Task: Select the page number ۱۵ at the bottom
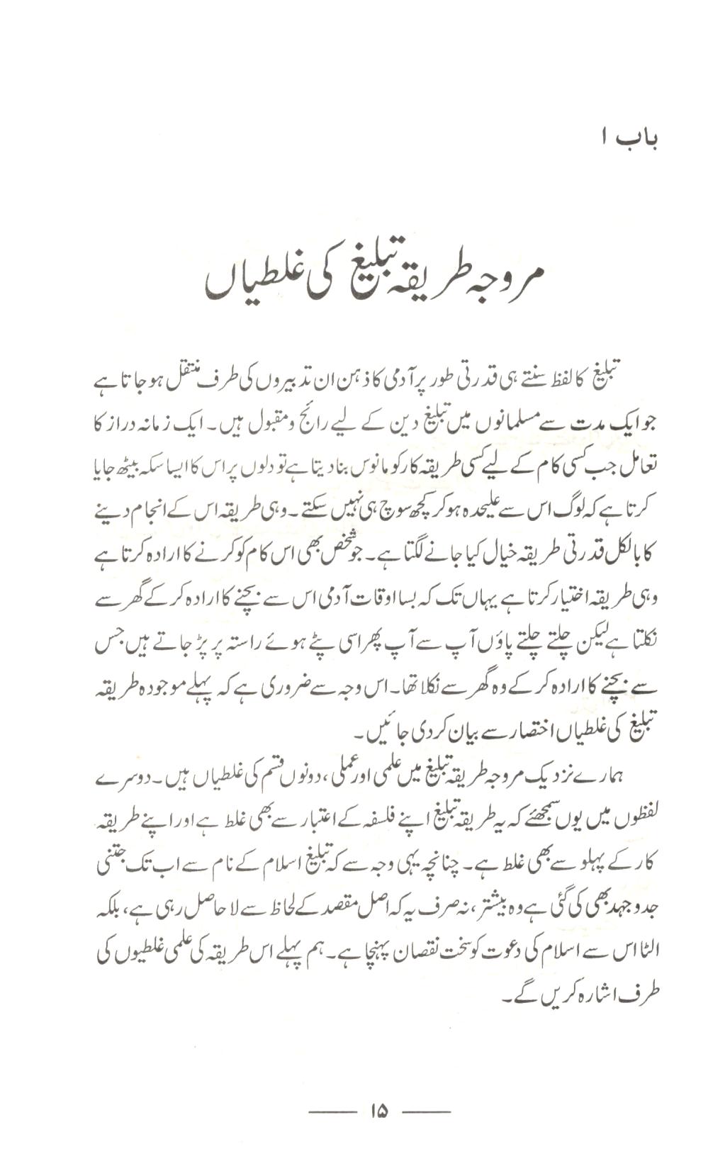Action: (378, 1111)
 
